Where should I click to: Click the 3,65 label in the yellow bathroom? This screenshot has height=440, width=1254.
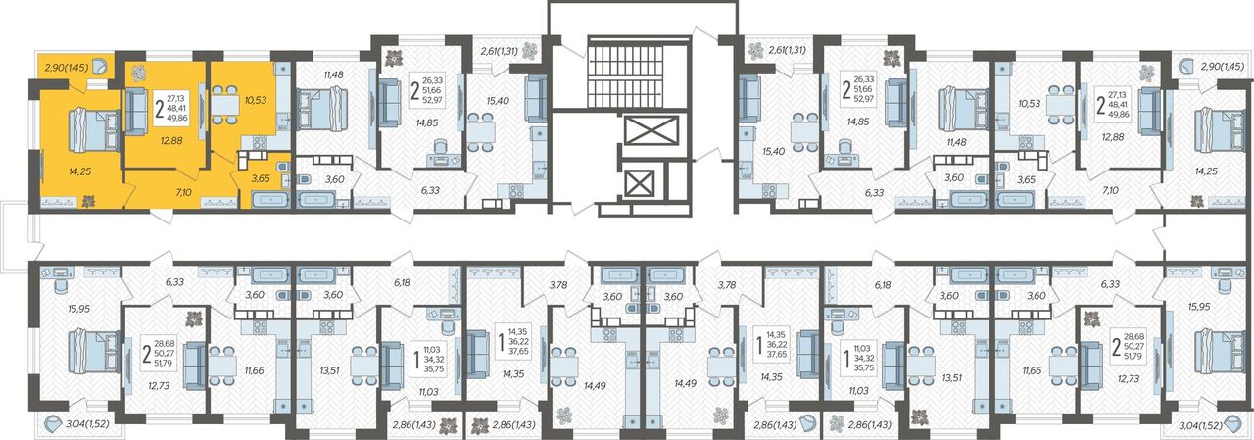pyautogui.click(x=261, y=179)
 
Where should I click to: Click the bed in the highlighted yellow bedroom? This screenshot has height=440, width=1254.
pyautogui.click(x=93, y=130)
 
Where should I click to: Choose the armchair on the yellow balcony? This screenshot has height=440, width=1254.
pyautogui.click(x=100, y=67)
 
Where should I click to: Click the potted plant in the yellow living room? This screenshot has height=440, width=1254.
pyautogui.click(x=138, y=73)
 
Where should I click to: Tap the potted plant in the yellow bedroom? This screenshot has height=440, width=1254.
pyautogui.click(x=88, y=201)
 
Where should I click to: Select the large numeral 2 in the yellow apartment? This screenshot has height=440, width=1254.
pyautogui.click(x=159, y=111)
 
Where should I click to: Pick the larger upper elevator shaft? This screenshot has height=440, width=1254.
pyautogui.click(x=651, y=131)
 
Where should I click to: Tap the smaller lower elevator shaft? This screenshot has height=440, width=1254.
pyautogui.click(x=638, y=183)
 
